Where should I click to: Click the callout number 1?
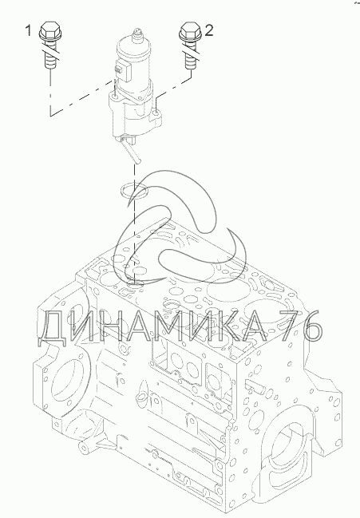click(x=29, y=30)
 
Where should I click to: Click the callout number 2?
click(x=209, y=30)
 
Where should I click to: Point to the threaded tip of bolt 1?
click(x=50, y=61)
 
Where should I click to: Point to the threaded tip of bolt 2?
click(x=191, y=61)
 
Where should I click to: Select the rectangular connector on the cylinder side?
click(x=122, y=69)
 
